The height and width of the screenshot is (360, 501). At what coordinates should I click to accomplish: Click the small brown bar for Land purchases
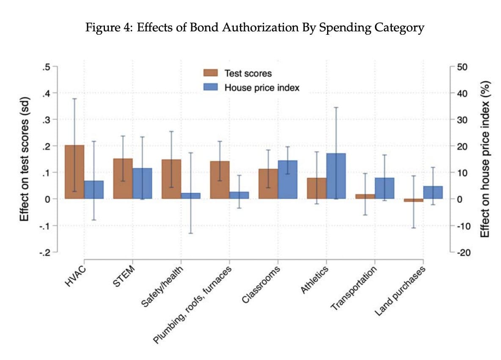tap(414, 200)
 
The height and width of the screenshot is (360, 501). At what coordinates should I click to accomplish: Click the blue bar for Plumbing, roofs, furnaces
tap(239, 195)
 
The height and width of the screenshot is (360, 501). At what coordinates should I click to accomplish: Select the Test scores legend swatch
tap(210, 73)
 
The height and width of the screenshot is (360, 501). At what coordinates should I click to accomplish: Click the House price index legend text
tap(262, 88)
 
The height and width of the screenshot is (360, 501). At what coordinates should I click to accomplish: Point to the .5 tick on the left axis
tap(47, 67)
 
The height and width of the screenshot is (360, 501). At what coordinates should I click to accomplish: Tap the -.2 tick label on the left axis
tap(45, 252)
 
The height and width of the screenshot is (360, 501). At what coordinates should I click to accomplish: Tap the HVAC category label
tap(76, 275)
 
